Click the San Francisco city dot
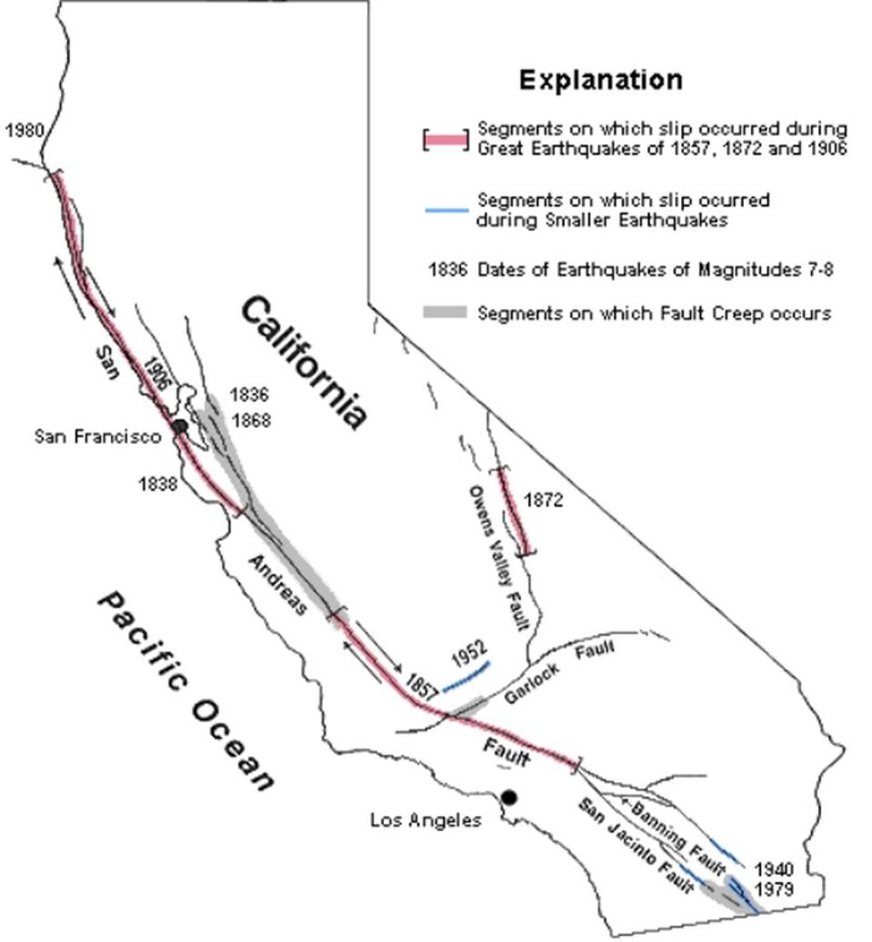(x=180, y=426)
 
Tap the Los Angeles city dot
(x=509, y=797)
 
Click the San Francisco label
(x=97, y=436)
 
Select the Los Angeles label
(x=426, y=820)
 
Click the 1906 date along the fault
(x=156, y=373)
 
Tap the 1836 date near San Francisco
(x=248, y=396)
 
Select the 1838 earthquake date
(x=157, y=484)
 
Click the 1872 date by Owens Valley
(x=544, y=500)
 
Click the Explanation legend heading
(x=600, y=80)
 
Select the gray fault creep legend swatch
(x=445, y=313)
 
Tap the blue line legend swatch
(x=446, y=211)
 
